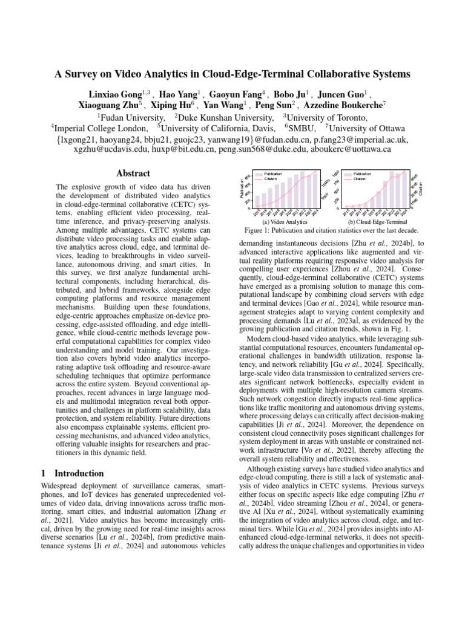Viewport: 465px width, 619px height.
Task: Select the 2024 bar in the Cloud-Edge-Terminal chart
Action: tap(405, 189)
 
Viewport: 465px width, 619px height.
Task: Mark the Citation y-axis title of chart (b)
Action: tap(421, 189)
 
